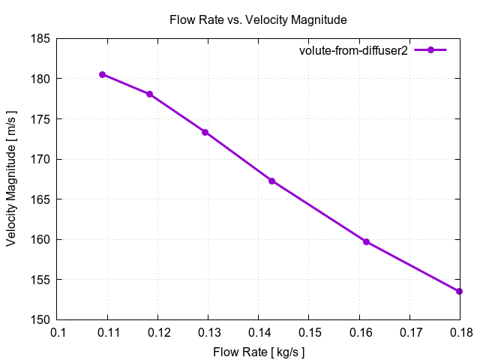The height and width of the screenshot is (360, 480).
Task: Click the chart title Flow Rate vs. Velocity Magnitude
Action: click(259, 19)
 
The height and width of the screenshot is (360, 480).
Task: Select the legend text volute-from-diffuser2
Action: click(352, 50)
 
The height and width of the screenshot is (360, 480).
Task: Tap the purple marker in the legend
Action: click(430, 50)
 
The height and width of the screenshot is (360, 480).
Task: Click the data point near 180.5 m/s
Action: click(102, 74)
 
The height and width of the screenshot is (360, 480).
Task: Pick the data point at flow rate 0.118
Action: click(149, 94)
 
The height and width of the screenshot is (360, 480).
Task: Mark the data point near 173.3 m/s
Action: click(205, 132)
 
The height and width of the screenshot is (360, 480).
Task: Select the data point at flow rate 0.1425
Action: click(271, 181)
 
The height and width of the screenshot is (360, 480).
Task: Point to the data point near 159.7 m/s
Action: click(366, 241)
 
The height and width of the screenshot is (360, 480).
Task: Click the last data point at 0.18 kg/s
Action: click(459, 291)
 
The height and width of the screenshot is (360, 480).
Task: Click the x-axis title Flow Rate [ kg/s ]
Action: click(259, 350)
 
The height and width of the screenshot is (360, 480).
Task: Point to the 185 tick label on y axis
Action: click(40, 38)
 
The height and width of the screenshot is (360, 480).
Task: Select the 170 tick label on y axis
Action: click(40, 159)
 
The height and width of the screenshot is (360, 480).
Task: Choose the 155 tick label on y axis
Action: click(40, 280)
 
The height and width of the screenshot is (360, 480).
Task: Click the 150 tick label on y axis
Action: click(40, 320)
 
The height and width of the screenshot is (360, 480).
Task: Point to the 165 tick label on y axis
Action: click(40, 199)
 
